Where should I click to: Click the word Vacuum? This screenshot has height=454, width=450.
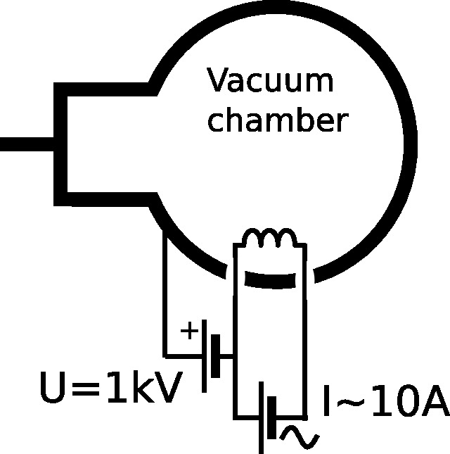point(270,80)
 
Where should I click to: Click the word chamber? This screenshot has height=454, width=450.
point(278,119)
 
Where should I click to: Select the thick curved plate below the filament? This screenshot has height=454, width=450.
point(270,280)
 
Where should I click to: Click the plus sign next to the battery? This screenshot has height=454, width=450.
point(189,330)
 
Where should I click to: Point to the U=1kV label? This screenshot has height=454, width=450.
point(111,387)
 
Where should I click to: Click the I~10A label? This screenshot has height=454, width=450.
point(386,401)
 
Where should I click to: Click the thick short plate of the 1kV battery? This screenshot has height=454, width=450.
point(215,356)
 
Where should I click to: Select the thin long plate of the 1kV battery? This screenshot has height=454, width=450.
point(204,356)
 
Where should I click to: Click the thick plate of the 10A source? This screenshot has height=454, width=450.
point(271,418)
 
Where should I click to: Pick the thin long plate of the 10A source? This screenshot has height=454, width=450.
point(261,418)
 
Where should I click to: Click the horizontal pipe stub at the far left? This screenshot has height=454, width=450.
point(27,144)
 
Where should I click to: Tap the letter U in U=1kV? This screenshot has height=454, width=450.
point(52,388)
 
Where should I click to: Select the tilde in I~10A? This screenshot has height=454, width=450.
point(351,401)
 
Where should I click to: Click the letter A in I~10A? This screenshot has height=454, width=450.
point(435,401)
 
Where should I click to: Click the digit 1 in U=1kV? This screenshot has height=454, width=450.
point(117,387)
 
